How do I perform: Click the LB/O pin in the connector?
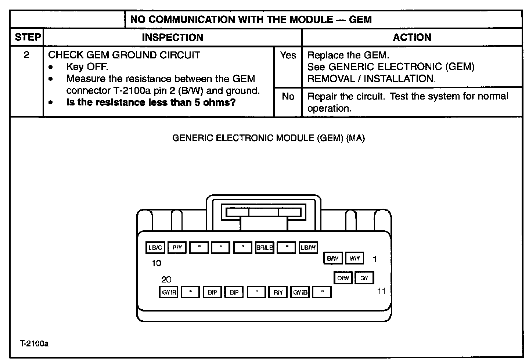click(155, 248)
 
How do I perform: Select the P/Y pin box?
click(177, 248)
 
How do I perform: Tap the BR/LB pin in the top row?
click(264, 248)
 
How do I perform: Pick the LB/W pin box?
click(308, 248)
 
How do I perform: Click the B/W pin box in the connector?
click(332, 258)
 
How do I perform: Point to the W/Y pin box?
click(355, 258)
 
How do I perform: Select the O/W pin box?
click(343, 278)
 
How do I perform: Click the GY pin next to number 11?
click(364, 278)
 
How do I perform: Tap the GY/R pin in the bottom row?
click(169, 292)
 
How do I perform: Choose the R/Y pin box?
click(278, 292)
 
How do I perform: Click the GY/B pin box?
click(300, 292)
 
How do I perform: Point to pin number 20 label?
click(166, 280)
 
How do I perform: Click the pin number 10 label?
click(156, 263)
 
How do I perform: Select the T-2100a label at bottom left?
click(34, 344)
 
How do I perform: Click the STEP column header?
click(28, 37)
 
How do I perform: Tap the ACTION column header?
click(412, 37)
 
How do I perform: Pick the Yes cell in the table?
click(288, 55)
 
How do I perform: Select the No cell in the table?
click(288, 97)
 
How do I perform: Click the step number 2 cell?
click(26, 55)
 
